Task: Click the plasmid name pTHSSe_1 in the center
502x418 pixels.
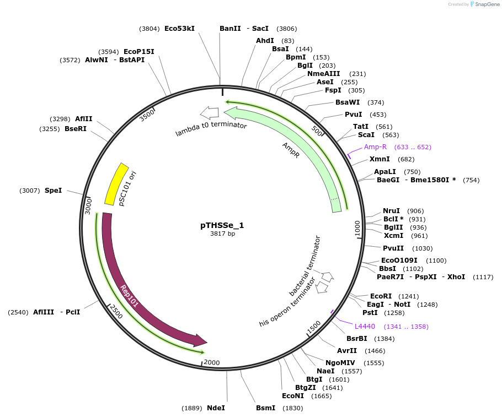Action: tap(222, 225)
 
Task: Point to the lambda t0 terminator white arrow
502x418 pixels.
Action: tap(209, 113)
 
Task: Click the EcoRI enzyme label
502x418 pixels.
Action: tap(381, 296)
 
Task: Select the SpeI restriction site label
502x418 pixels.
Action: tap(54, 191)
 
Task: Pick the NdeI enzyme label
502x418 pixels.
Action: tap(216, 408)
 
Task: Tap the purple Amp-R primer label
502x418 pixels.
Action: tap(375, 147)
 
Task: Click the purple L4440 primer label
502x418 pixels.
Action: tap(365, 327)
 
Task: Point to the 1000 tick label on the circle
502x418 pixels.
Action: tap(357, 228)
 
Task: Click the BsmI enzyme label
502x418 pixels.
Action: tap(265, 408)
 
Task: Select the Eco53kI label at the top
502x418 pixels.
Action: tap(179, 28)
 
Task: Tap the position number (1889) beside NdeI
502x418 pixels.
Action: tap(192, 408)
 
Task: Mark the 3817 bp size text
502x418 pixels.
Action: tap(222, 234)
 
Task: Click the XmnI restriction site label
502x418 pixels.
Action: tap(380, 159)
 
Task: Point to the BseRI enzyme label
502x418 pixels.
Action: tap(76, 129)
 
